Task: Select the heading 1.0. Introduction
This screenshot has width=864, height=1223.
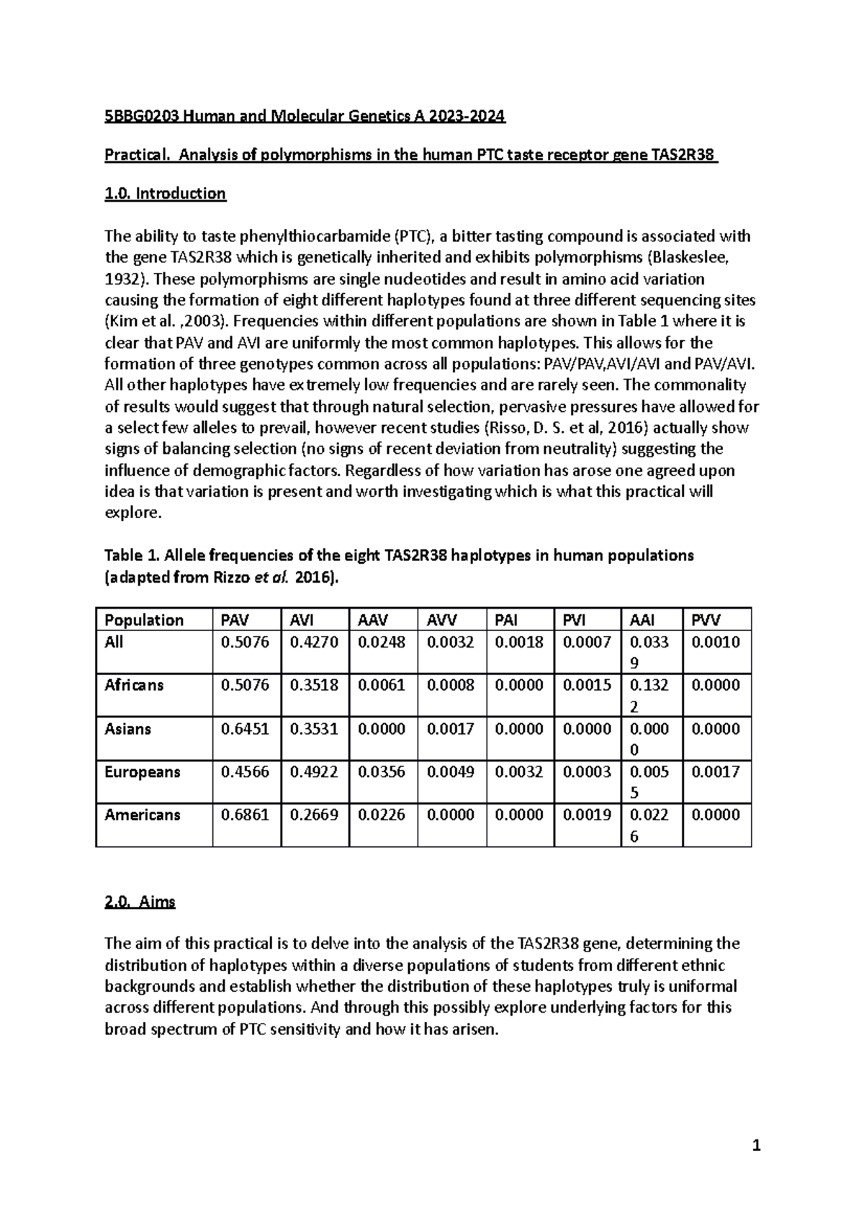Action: pos(165,193)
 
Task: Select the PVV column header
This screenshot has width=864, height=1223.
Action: pos(706,620)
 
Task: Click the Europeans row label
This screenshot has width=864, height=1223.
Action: pos(143,772)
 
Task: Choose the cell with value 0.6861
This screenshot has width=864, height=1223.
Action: pos(245,815)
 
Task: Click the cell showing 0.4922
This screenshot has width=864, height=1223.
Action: pos(314,772)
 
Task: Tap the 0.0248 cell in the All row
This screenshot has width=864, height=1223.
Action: pos(382,642)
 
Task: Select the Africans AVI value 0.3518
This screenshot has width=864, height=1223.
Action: pos(314,685)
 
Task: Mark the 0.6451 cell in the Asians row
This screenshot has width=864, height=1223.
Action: pos(245,729)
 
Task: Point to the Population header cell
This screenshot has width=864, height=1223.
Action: pos(144,620)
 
